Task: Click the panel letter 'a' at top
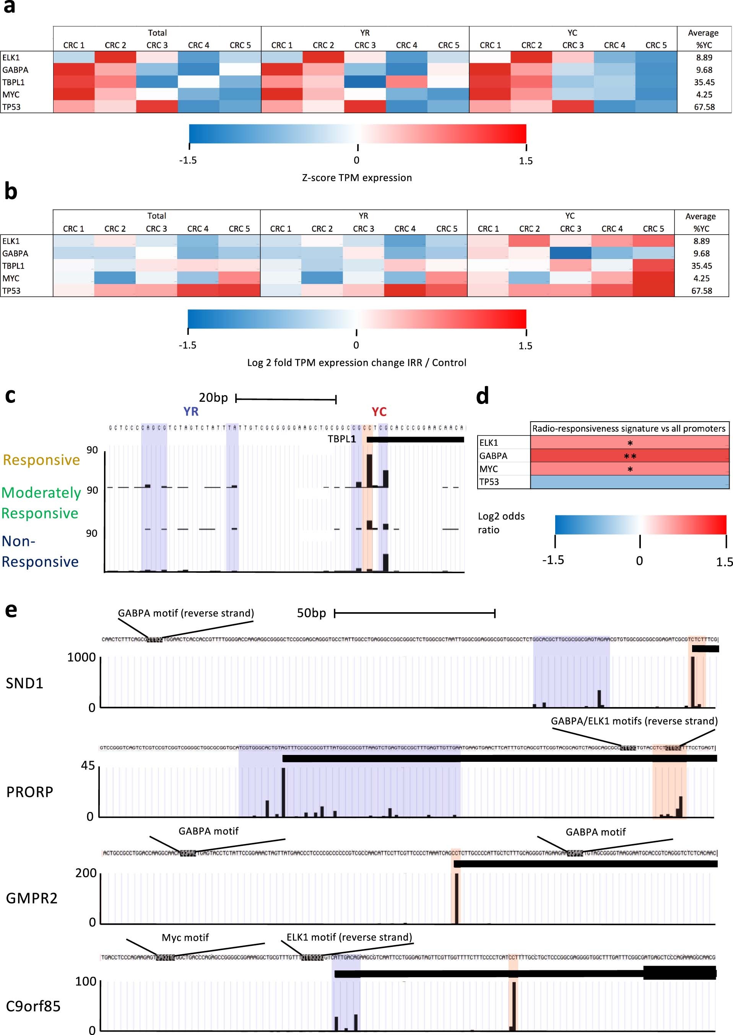click(9, 8)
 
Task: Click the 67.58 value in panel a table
click(704, 107)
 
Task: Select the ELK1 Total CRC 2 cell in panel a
click(115, 57)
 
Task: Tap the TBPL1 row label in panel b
click(13, 266)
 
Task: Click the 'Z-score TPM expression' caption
click(357, 178)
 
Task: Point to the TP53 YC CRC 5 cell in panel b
click(653, 291)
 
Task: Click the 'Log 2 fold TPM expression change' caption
click(357, 363)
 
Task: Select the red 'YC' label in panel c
click(379, 411)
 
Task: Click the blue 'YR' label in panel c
click(191, 411)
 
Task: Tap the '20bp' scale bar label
click(213, 398)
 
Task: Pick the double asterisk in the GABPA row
click(630, 456)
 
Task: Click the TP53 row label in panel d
click(489, 482)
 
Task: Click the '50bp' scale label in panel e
click(311, 613)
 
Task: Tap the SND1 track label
click(24, 683)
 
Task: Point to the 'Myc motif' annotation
click(185, 937)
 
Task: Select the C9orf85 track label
click(33, 1006)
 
